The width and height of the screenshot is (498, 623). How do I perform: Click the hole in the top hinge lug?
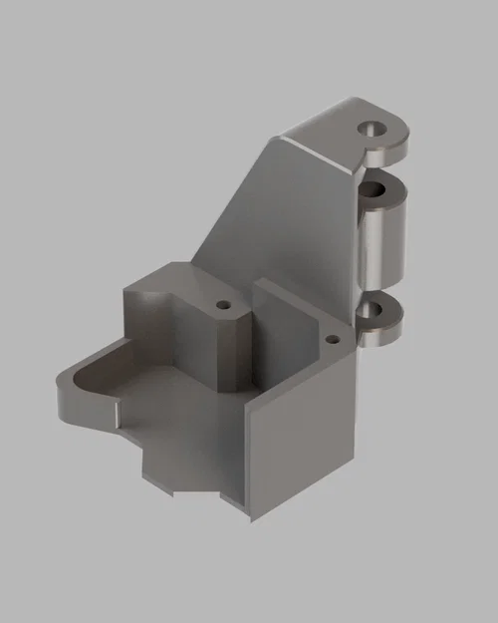tap(373, 129)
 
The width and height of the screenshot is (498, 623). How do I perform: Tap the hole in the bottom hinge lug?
tap(376, 310)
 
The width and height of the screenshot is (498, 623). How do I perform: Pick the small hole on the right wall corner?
tap(335, 339)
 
